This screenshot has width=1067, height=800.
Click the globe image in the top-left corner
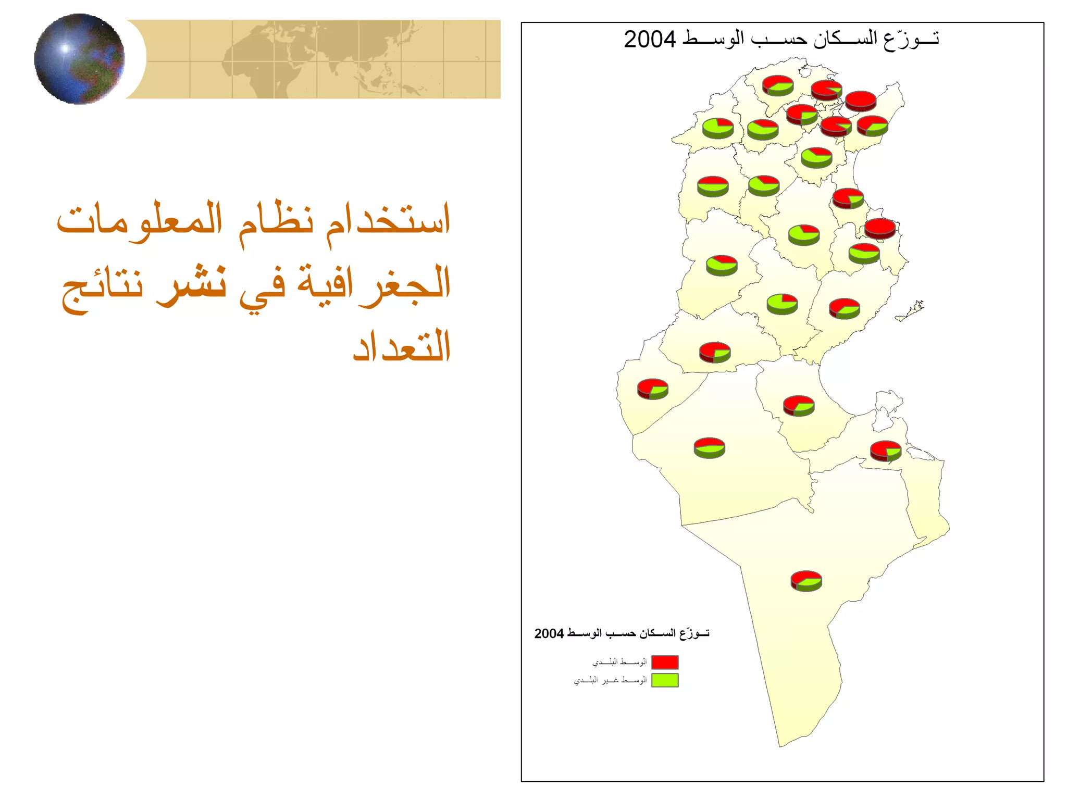click(x=80, y=59)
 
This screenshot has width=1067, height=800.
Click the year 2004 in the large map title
click(x=650, y=40)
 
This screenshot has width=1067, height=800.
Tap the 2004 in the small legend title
click(x=549, y=634)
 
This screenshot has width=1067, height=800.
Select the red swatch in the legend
click(x=665, y=662)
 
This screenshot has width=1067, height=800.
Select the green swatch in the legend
click(x=665, y=680)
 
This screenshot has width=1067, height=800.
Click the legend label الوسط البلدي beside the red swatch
click(x=619, y=662)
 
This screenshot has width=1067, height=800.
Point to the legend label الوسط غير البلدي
click(x=610, y=680)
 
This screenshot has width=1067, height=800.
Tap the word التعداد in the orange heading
click(x=402, y=346)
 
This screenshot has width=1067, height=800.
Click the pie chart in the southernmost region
click(x=806, y=581)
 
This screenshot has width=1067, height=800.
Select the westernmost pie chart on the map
click(x=652, y=389)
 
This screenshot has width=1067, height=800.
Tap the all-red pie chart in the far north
click(x=860, y=101)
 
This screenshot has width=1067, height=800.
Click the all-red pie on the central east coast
click(x=879, y=228)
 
